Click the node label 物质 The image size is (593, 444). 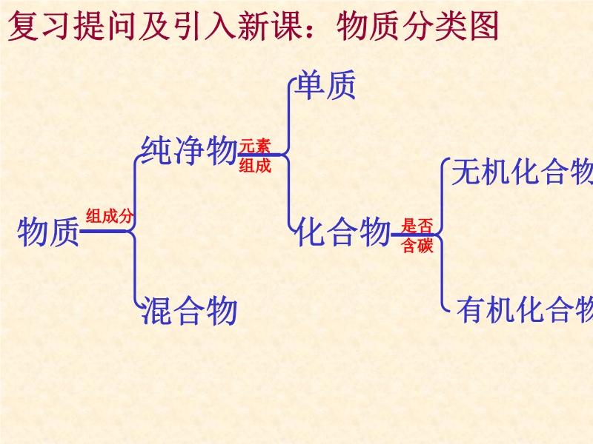click(48, 232)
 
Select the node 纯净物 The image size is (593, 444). click(188, 151)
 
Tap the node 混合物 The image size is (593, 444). click(189, 310)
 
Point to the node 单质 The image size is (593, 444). click(325, 86)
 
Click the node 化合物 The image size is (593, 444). click(342, 232)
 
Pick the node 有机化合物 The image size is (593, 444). click(524, 309)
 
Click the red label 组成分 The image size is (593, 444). click(109, 216)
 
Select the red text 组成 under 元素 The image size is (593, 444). click(255, 166)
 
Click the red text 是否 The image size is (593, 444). click(417, 226)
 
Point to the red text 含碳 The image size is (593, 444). click(417, 246)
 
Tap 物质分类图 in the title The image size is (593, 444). click(417, 28)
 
